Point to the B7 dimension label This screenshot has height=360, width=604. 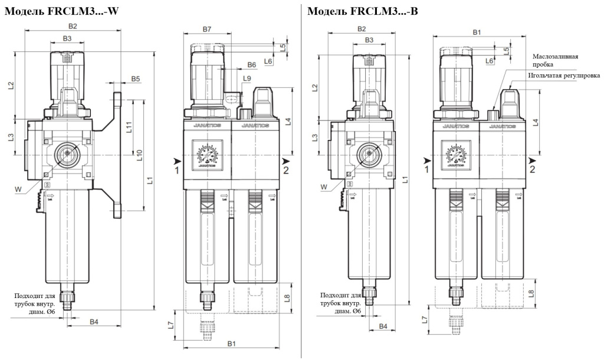coord(207,29)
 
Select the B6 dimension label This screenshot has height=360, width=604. coord(252,64)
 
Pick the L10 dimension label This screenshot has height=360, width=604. coord(140,154)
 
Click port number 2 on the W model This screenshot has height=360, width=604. coord(286,171)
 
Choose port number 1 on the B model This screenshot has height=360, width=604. coord(426,170)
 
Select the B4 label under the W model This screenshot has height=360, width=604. coord(93,322)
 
